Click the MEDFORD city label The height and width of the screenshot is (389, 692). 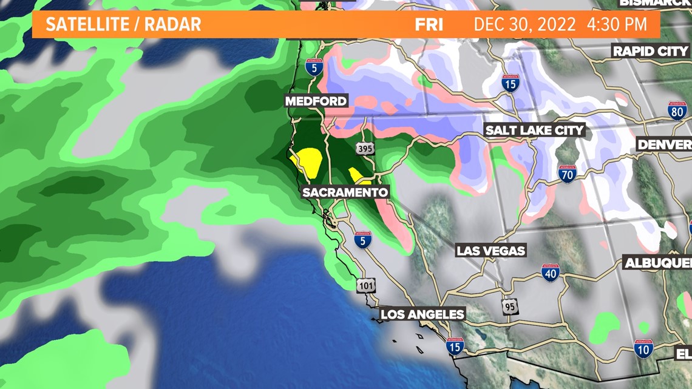pos(316,101)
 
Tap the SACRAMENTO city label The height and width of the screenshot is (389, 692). pos(345,192)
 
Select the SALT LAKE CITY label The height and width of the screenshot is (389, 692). pos(534,130)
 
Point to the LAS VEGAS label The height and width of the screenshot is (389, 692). pos(490,251)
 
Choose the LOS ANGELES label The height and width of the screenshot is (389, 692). pos(422,314)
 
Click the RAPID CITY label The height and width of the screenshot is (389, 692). pos(650,51)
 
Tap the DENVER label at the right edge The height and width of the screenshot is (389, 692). pos(664,144)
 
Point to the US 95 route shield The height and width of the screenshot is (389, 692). pos(511,306)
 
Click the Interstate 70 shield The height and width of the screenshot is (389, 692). pos(566,174)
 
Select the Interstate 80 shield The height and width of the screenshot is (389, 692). pos(677,111)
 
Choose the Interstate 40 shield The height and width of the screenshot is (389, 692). pos(550,273)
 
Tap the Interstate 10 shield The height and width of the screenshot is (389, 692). pos(643,348)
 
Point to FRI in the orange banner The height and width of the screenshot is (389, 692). pos(429,25)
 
